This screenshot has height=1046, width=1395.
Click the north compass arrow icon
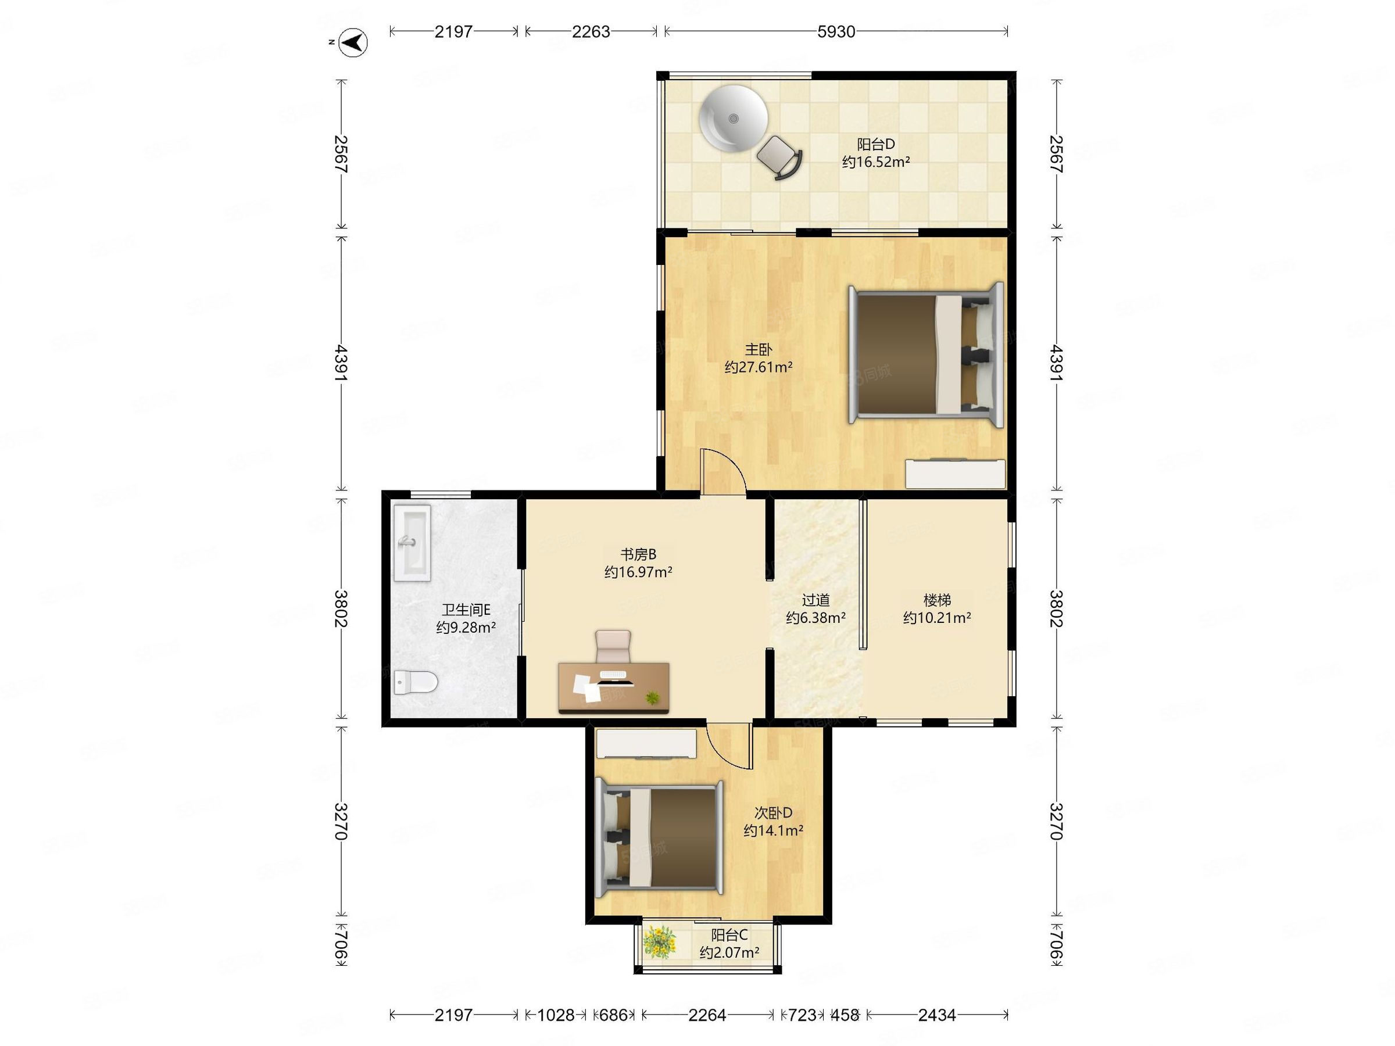pyautogui.click(x=355, y=43)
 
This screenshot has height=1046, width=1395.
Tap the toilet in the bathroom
pyautogui.click(x=416, y=682)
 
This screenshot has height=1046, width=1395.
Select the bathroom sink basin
pyautogui.click(x=412, y=542)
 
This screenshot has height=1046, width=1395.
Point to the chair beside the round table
pyautogui.click(x=779, y=157)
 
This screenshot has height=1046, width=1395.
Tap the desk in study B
pyautogui.click(x=614, y=688)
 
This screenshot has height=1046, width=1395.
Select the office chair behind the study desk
pyautogui.click(x=613, y=646)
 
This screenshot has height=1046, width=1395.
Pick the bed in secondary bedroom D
pyautogui.click(x=660, y=837)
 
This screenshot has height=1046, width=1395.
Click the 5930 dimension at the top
pyautogui.click(x=836, y=31)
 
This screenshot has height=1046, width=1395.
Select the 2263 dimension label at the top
pyautogui.click(x=591, y=31)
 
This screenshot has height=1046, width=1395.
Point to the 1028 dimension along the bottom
pyautogui.click(x=556, y=1015)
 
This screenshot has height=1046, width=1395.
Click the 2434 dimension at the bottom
pyautogui.click(x=937, y=1015)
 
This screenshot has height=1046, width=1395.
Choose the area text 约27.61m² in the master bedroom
pyautogui.click(x=758, y=367)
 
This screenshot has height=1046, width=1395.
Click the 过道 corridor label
pyautogui.click(x=815, y=600)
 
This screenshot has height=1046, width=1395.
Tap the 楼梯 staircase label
pyautogui.click(x=936, y=600)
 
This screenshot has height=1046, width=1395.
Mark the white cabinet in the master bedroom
pyautogui.click(x=956, y=474)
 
